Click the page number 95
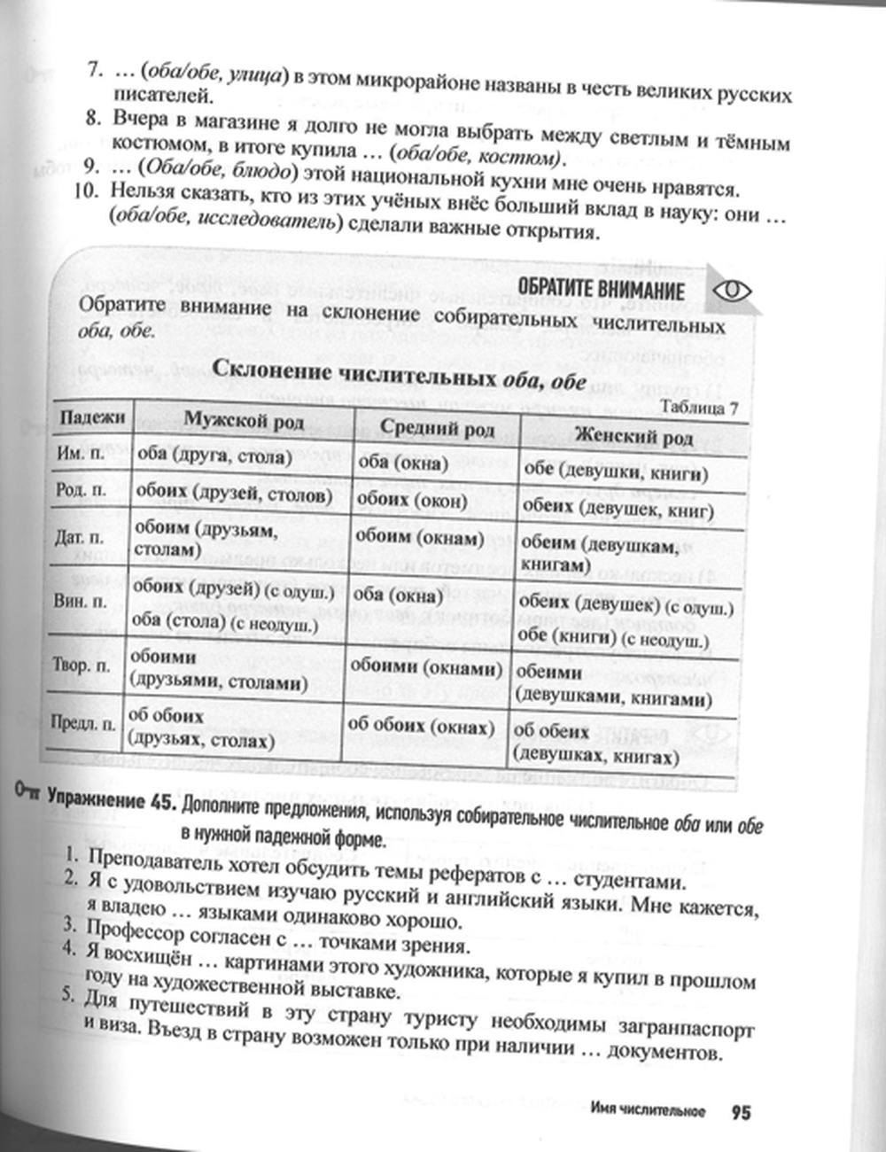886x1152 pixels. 741,1111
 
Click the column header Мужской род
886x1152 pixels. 244,420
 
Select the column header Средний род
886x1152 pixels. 437,428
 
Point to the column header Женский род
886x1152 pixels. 633,436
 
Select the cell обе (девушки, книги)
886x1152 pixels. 616,472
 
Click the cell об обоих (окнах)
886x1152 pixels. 420,727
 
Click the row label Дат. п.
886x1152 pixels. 82,538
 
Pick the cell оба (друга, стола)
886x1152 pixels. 215,456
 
